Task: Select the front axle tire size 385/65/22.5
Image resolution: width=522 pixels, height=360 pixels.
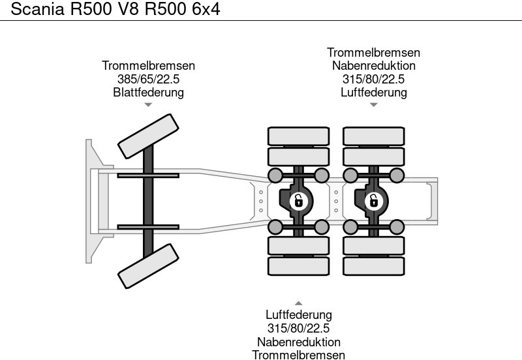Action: coord(148,79)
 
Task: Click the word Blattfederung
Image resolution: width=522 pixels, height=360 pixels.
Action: coord(148,92)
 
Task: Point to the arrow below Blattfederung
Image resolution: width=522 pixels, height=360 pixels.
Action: coord(148,104)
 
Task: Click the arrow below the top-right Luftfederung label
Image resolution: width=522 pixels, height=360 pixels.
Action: coord(373,104)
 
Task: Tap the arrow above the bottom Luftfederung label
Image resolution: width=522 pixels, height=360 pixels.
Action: coord(298,303)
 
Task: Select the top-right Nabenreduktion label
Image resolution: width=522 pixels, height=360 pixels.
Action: coord(373,66)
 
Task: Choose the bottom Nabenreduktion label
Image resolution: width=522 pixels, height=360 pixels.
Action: coord(298,342)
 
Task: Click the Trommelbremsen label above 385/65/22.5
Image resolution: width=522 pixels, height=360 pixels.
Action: coord(148,66)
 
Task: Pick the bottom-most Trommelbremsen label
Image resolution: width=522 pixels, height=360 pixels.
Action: coord(298,355)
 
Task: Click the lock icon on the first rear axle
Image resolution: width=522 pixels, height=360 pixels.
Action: coord(298,200)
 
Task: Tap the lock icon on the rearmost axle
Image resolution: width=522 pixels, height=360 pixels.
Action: coord(373,200)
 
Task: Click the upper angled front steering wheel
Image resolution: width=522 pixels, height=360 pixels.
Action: coord(147,136)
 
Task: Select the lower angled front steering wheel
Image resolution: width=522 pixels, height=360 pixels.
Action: coord(148,265)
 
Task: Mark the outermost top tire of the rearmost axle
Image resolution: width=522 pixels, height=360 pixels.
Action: coord(373,136)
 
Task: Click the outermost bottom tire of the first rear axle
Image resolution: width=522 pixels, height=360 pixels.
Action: coord(298,265)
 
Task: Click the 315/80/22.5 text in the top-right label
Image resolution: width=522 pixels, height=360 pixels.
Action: coord(373,79)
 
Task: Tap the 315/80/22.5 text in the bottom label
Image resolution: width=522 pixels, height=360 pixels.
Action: coord(298,329)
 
